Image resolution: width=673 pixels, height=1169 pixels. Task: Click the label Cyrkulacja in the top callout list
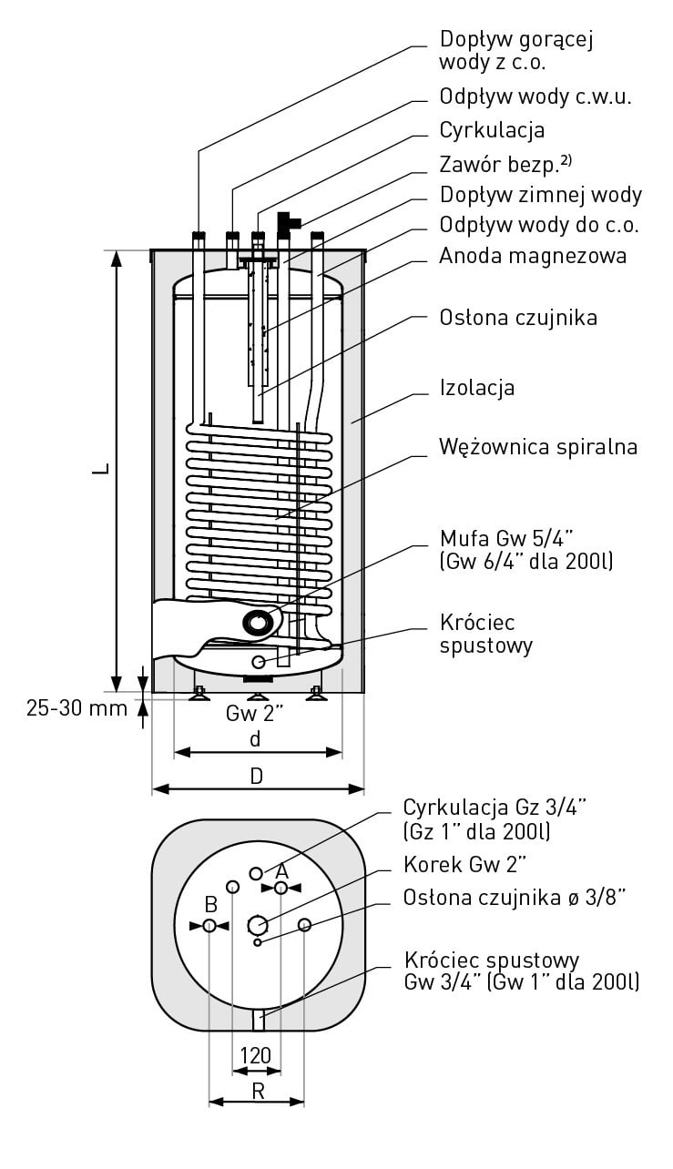pyautogui.click(x=492, y=130)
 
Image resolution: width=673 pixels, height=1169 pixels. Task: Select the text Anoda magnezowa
pyautogui.click(x=533, y=256)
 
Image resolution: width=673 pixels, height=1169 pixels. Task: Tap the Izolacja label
pyautogui.click(x=476, y=388)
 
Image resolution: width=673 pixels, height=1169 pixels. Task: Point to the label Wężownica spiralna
pyautogui.click(x=537, y=447)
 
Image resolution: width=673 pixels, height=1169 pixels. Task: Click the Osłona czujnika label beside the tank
pyautogui.click(x=518, y=318)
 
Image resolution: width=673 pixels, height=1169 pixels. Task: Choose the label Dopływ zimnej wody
pyautogui.click(x=541, y=195)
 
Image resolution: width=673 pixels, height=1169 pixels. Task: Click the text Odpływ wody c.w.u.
pyautogui.click(x=535, y=97)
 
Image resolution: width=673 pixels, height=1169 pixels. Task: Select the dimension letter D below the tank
pyautogui.click(x=257, y=777)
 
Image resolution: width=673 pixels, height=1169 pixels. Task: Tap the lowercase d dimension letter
pyautogui.click(x=256, y=739)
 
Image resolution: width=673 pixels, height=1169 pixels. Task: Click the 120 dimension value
pyautogui.click(x=255, y=1055)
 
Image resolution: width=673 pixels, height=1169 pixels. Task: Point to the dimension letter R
pyautogui.click(x=258, y=1091)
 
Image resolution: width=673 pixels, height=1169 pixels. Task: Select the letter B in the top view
pyautogui.click(x=210, y=905)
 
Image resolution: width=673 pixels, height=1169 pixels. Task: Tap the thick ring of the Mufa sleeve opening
pyautogui.click(x=259, y=623)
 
